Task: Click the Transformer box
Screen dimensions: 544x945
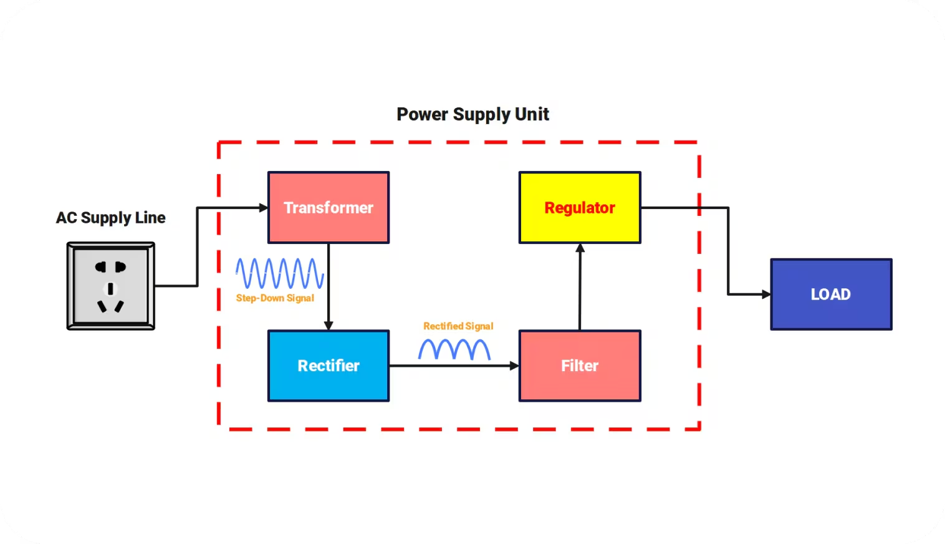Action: point(329,208)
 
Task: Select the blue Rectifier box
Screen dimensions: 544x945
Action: point(329,366)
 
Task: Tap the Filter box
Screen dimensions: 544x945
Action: point(580,366)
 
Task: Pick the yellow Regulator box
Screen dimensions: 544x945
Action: point(580,208)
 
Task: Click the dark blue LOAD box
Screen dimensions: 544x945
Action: point(831,294)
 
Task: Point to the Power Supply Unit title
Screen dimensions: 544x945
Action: point(472,115)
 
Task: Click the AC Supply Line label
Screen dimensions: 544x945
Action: point(111,218)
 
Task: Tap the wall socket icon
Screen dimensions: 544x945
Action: point(111,286)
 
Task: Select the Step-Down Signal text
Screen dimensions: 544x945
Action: point(275,298)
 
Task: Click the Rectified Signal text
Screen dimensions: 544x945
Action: point(458,326)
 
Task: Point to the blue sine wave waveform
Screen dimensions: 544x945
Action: point(279,273)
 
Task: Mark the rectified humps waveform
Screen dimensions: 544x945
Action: point(454,349)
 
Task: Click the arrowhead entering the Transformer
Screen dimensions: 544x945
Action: point(264,208)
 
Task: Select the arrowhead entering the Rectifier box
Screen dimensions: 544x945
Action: point(329,326)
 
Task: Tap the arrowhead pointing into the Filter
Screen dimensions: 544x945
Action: point(514,366)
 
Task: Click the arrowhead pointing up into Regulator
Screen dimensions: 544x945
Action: point(580,248)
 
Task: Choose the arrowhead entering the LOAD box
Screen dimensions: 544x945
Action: point(766,294)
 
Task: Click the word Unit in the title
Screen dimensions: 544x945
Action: point(532,115)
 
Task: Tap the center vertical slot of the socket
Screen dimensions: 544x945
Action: point(111,288)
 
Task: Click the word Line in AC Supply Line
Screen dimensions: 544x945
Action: point(150,218)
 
